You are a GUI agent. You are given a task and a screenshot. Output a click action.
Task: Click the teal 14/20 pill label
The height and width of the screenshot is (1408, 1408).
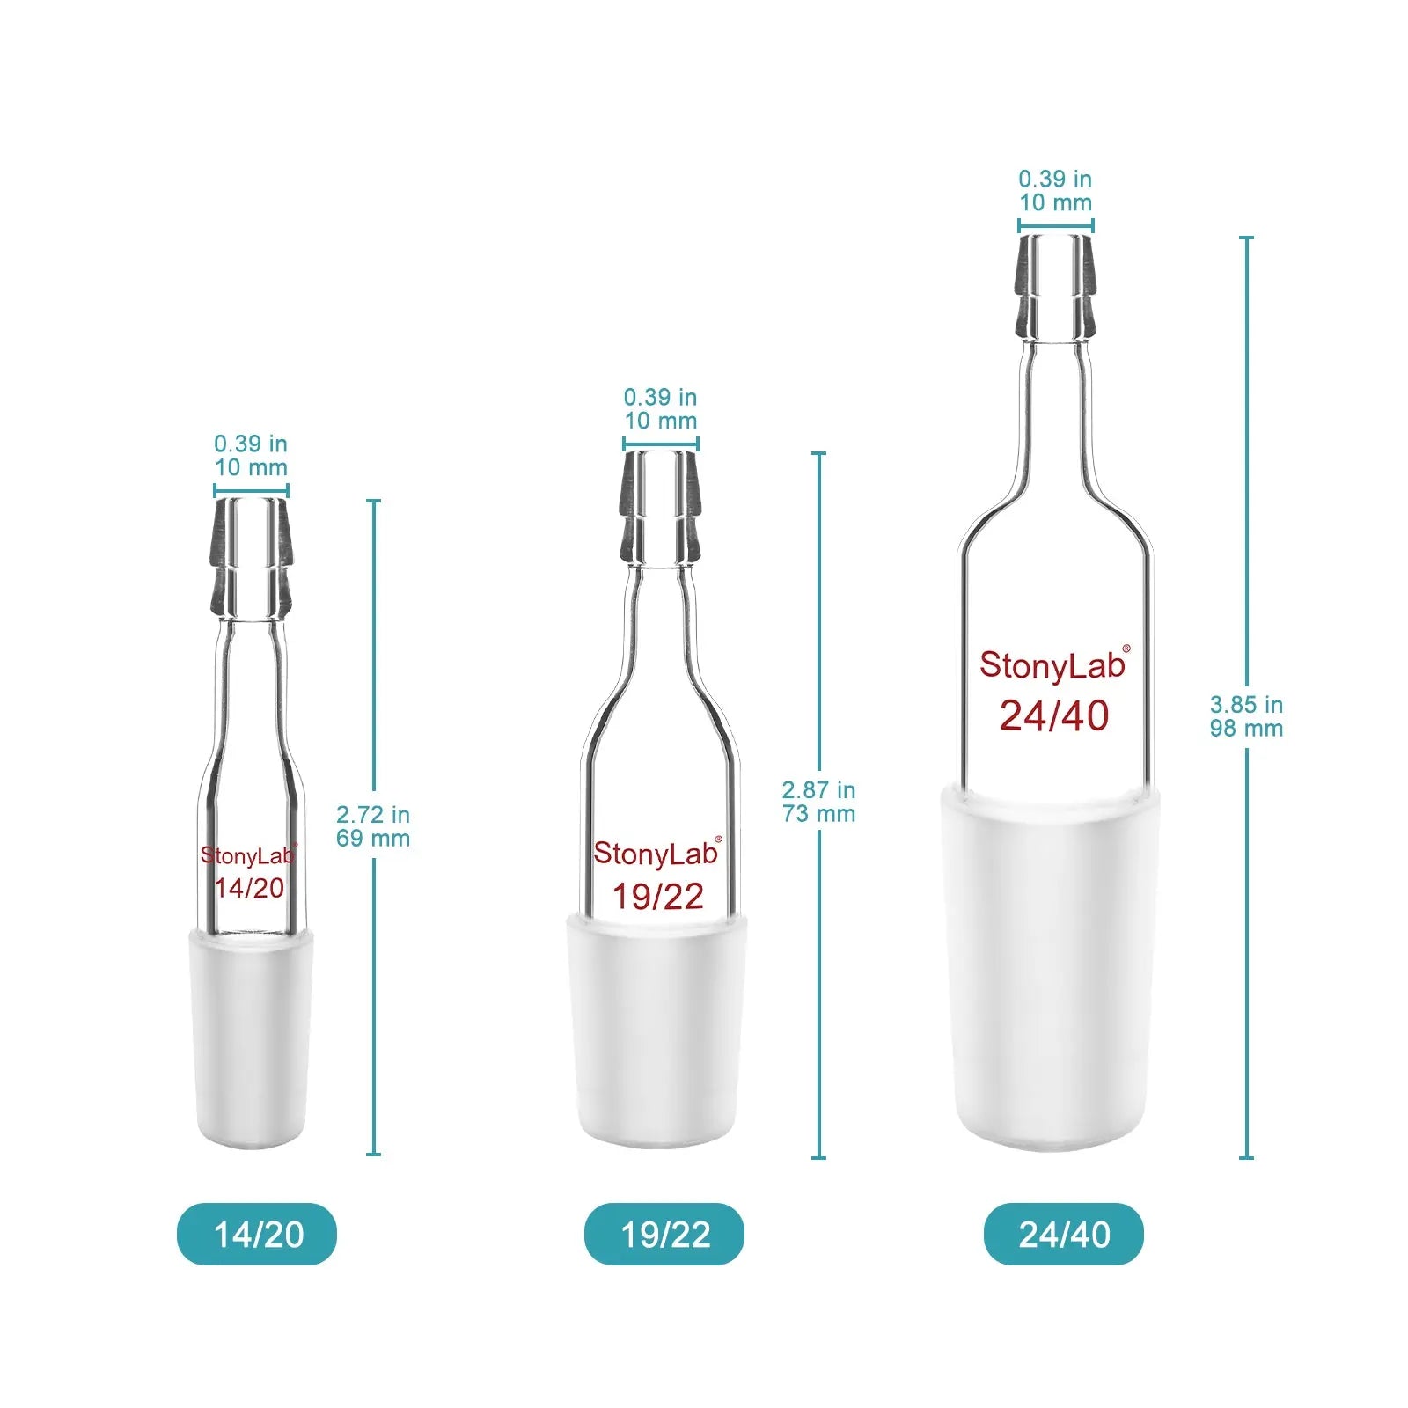[x=257, y=1234]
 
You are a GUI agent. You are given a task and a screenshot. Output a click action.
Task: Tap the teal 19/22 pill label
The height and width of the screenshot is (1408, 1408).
[x=664, y=1234]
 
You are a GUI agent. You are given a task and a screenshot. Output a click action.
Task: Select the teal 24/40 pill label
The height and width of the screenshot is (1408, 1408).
[x=1064, y=1234]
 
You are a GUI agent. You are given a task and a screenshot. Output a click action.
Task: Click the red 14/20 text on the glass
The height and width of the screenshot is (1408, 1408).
[x=250, y=888]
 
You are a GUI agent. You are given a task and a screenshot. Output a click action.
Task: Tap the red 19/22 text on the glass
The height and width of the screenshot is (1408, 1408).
[x=658, y=897]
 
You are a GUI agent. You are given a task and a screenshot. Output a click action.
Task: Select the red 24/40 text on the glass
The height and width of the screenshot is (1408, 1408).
[x=1054, y=716]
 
